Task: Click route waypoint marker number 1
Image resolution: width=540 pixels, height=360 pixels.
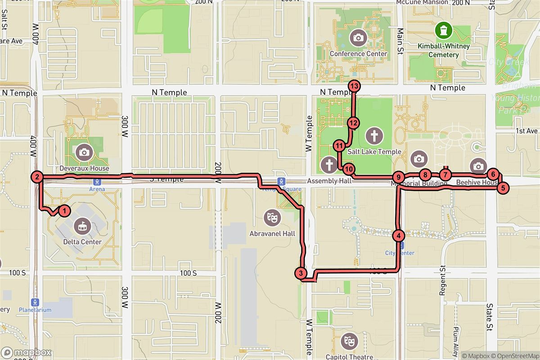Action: pyautogui.click(x=65, y=210)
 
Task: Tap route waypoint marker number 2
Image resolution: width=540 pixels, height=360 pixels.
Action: pyautogui.click(x=37, y=177)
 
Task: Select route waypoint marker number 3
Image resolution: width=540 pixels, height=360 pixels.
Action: pyautogui.click(x=301, y=273)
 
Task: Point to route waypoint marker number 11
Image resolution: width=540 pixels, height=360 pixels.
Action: pyautogui.click(x=339, y=145)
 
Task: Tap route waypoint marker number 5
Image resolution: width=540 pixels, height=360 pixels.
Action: pyautogui.click(x=503, y=188)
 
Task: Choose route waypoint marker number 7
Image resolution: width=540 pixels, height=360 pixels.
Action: pyautogui.click(x=445, y=175)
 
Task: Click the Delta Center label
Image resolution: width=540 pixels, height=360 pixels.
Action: pyautogui.click(x=82, y=242)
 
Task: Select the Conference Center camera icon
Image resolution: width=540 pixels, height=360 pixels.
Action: pyautogui.click(x=358, y=38)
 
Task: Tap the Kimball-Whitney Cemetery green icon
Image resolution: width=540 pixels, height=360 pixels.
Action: pyautogui.click(x=444, y=30)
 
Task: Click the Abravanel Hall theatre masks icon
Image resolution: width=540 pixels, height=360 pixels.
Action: pyautogui.click(x=272, y=218)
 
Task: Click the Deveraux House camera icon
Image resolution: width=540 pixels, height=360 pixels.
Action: pyautogui.click(x=84, y=152)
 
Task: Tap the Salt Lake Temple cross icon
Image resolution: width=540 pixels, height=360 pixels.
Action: pyautogui.click(x=374, y=135)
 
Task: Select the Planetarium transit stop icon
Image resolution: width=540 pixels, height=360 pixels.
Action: pyautogui.click(x=35, y=301)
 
